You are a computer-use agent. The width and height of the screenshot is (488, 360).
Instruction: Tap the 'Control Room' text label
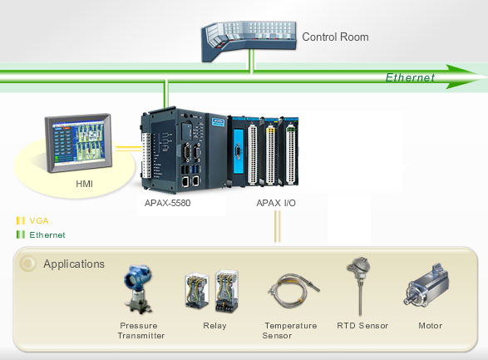335,37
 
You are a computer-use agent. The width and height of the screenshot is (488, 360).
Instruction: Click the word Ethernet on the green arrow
410,78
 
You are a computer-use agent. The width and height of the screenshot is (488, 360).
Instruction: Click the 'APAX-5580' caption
169,202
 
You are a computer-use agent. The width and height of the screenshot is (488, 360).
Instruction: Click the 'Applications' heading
74,264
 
